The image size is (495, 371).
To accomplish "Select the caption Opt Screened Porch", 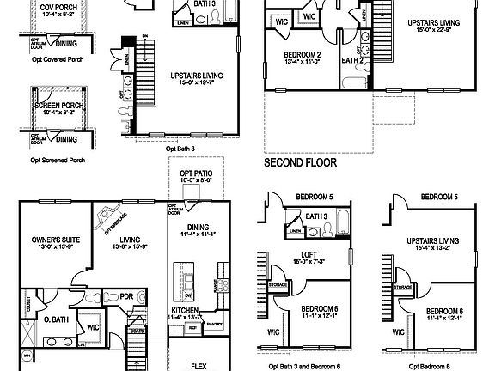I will click(x=57, y=160).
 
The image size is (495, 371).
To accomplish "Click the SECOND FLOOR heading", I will click(x=300, y=161).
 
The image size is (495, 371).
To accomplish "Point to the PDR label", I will click(x=125, y=296).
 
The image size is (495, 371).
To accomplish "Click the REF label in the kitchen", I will click(x=192, y=327).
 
